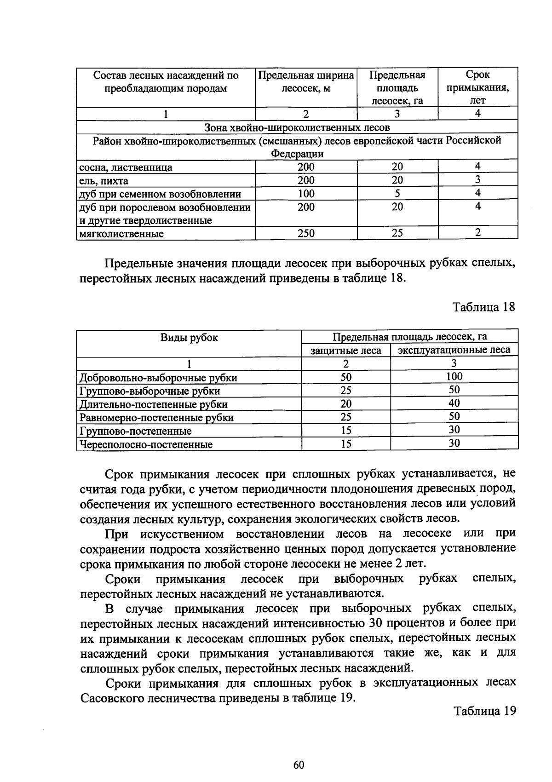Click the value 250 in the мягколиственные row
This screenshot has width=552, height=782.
tap(306, 233)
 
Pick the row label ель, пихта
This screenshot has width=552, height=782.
tap(104, 180)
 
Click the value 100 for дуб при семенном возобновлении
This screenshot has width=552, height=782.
tap(306, 194)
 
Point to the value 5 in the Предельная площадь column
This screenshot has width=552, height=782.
tap(397, 193)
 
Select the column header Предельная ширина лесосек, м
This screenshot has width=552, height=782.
tap(306, 81)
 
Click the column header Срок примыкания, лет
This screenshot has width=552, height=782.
tap(477, 87)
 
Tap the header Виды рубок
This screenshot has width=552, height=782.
tap(189, 338)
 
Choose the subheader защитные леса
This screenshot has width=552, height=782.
tap(346, 351)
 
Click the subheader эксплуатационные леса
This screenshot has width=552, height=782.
tap(454, 350)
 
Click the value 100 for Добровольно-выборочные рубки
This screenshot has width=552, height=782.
tap(454, 376)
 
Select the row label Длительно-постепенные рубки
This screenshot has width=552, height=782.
tap(154, 404)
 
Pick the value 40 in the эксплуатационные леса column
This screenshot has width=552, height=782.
tap(454, 403)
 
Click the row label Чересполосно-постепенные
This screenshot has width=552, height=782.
tap(146, 444)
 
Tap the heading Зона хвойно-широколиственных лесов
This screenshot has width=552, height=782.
tap(297, 127)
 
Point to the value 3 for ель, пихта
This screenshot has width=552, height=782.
tap(477, 179)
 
